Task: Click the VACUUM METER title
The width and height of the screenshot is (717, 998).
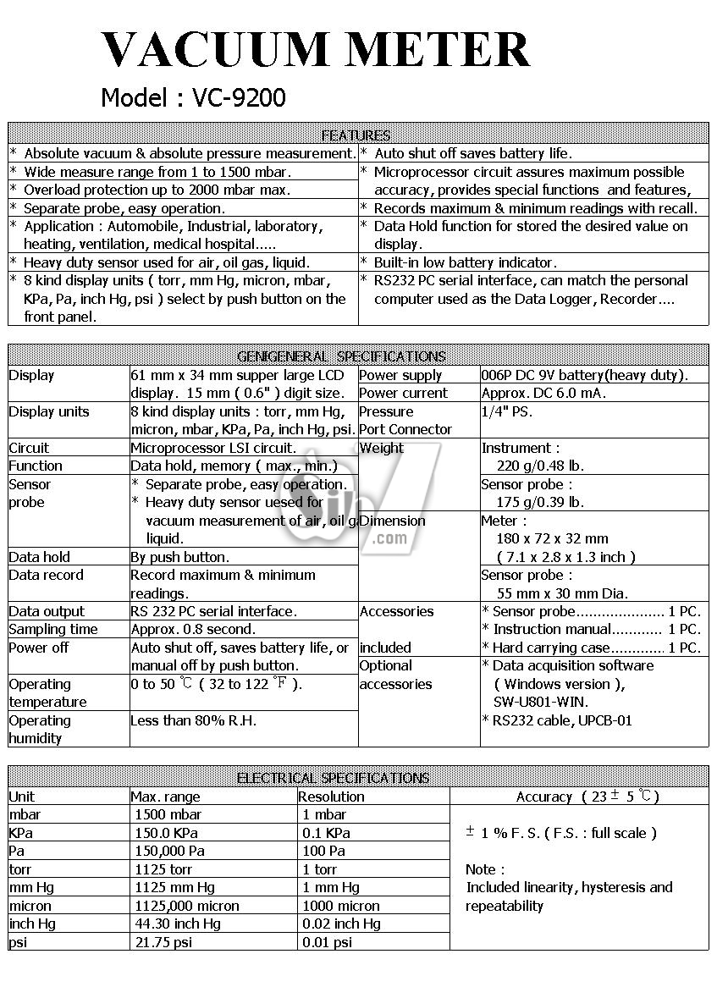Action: pyautogui.click(x=315, y=50)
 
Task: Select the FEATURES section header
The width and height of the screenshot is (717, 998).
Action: pyautogui.click(x=356, y=135)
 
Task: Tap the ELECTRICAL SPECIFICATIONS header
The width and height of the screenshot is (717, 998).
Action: pyautogui.click(x=333, y=778)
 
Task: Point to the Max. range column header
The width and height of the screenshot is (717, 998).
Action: pyautogui.click(x=165, y=797)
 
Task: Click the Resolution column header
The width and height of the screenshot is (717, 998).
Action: pyautogui.click(x=332, y=797)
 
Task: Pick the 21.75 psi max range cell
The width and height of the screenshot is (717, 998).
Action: pyautogui.click(x=163, y=942)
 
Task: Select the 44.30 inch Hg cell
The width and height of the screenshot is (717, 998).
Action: pyautogui.click(x=178, y=924)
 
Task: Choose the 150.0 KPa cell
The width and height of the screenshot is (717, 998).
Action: pyautogui.click(x=169, y=833)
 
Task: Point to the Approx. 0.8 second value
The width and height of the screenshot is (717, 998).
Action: pyautogui.click(x=193, y=630)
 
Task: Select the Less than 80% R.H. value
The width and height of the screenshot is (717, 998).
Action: pyautogui.click(x=194, y=721)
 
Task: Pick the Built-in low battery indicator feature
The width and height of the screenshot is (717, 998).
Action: pyautogui.click(x=465, y=263)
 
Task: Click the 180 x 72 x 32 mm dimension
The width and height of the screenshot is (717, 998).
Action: pyautogui.click(x=552, y=539)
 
